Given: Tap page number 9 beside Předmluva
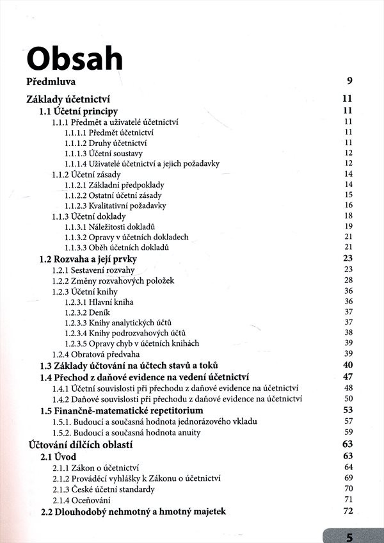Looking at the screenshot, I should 349,81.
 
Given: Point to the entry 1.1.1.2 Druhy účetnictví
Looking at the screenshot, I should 102,142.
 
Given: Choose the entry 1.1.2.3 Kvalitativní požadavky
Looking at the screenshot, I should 115,206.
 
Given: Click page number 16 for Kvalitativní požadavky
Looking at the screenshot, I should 348,206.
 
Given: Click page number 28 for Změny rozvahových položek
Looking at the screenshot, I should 348,280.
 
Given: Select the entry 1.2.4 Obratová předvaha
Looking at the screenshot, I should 96,354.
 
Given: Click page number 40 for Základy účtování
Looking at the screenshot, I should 348,365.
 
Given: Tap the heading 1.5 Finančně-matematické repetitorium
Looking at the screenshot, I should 121,410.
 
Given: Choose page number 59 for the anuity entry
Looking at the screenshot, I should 348,432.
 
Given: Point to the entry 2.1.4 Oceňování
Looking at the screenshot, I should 84,500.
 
